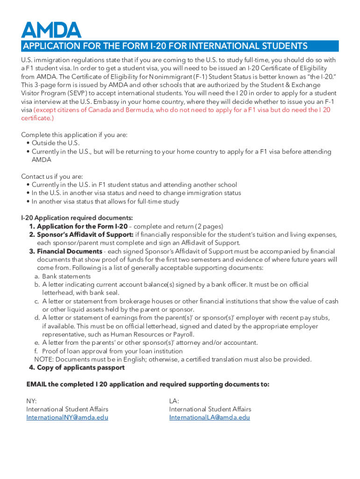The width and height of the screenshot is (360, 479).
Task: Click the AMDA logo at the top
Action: click(51, 29)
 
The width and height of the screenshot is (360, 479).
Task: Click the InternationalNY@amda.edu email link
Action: click(67, 417)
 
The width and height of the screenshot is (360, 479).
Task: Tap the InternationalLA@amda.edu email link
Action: click(209, 417)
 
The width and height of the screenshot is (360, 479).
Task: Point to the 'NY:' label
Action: click(31, 401)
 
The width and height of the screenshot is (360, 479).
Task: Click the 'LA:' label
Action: click(174, 401)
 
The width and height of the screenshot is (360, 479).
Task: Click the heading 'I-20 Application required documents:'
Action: click(77, 218)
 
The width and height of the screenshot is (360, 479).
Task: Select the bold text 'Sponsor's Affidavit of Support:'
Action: click(85, 234)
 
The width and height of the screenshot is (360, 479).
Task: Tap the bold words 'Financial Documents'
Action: click(69, 251)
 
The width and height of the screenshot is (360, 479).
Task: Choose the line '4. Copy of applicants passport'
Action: click(77, 368)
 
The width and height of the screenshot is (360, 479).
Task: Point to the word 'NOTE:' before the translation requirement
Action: click(44, 359)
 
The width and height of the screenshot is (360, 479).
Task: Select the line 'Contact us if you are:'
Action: click(52, 176)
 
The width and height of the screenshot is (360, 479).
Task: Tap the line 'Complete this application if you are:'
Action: click(74, 135)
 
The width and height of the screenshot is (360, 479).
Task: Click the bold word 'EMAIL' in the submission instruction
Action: click(36, 384)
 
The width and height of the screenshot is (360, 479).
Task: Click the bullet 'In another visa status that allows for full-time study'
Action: click(105, 202)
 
